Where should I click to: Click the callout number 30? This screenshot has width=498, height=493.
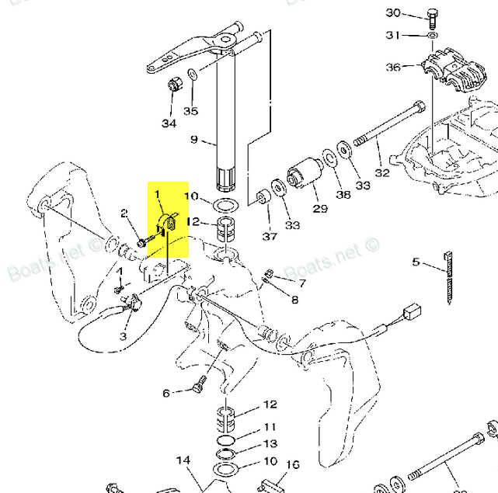[393, 13]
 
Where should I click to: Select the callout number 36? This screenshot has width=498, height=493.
[393, 68]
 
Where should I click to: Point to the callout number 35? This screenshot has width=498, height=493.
[190, 111]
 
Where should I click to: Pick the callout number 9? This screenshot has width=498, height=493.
[194, 141]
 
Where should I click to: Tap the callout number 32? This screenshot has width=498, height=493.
[382, 173]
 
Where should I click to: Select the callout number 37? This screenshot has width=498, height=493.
[269, 236]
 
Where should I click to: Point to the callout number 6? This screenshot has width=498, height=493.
[166, 394]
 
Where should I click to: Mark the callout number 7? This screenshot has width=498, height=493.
[301, 283]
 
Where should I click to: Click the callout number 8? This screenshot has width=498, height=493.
[294, 299]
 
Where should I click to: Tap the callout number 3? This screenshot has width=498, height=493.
[123, 335]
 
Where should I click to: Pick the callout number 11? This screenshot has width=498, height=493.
[270, 427]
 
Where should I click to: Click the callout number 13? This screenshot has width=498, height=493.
[270, 443]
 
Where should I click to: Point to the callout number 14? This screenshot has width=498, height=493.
[183, 460]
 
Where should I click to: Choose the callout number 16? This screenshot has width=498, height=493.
[292, 465]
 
